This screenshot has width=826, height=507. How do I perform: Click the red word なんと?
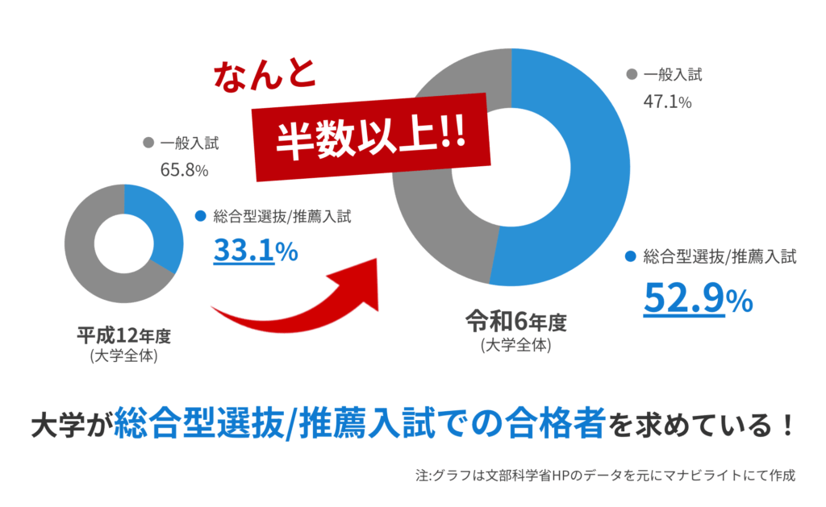(x=265, y=75)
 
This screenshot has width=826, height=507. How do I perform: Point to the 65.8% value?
(x=186, y=170)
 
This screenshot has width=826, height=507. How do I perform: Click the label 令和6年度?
(x=515, y=323)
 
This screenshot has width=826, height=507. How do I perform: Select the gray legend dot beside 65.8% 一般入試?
(x=148, y=143)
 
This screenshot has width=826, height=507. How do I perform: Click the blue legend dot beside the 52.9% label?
(x=631, y=258)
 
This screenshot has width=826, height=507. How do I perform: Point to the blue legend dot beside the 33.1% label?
(x=201, y=216)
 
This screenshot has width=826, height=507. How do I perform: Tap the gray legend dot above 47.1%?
(x=631, y=76)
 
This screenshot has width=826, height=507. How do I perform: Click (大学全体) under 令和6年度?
(x=515, y=345)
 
